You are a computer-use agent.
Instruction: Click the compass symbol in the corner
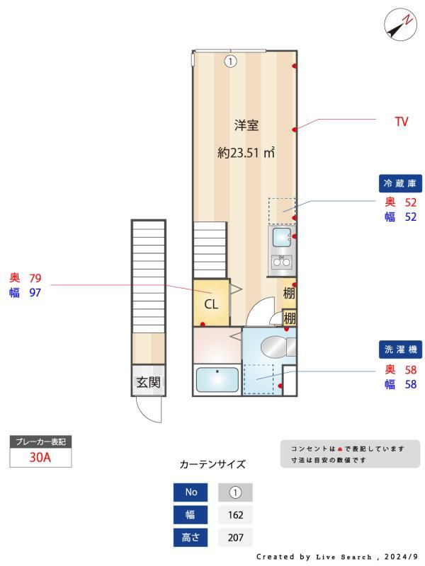click(401, 25)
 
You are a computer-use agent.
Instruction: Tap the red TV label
click(402, 122)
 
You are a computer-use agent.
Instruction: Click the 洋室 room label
click(246, 125)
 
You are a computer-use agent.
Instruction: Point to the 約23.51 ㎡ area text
click(246, 152)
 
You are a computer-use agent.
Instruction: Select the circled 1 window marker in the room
click(230, 62)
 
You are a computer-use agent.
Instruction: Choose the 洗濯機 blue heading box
click(400, 350)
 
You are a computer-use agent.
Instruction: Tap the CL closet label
click(211, 304)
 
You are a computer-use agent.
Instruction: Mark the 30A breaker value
click(40, 457)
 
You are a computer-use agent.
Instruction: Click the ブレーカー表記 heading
click(40, 442)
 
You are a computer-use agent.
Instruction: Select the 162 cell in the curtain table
click(235, 515)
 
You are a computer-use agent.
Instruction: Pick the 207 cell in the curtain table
click(235, 538)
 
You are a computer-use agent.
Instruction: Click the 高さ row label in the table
click(191, 538)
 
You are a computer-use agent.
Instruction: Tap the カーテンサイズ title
click(212, 465)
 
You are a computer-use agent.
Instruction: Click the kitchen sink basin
click(280, 236)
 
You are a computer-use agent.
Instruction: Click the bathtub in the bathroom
click(217, 380)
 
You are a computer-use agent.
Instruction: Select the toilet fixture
click(276, 347)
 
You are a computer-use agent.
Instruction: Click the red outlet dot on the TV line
click(294, 129)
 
